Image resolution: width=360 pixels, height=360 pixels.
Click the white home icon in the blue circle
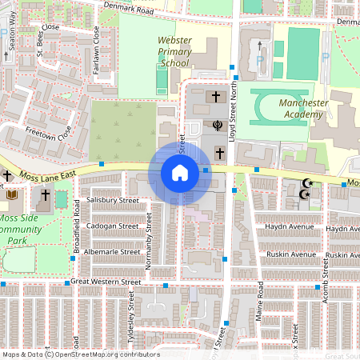coord(180,173)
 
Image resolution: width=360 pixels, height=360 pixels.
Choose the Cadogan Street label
coord(113,226)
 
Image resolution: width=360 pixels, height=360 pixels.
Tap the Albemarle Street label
coord(112,251)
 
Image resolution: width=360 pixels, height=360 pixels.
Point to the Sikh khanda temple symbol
coord(215,125)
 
